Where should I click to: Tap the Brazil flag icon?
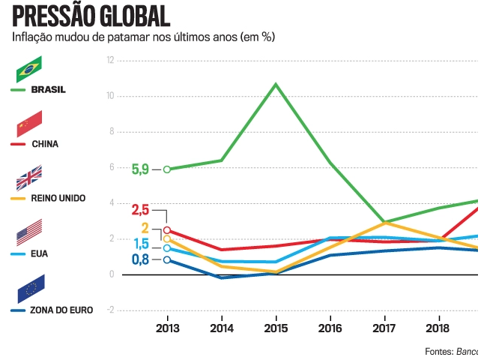[29, 69]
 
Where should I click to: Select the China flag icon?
[29, 123]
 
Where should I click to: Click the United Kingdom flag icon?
[29, 178]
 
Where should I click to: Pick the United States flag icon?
[29, 232]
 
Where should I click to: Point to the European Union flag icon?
[29, 289]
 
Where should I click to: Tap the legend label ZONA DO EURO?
[62, 309]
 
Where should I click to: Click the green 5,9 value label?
[140, 169]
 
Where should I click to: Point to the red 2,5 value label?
[141, 210]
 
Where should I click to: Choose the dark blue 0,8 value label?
[140, 260]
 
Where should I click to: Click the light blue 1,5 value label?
[142, 244]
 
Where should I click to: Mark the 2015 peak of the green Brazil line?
[276, 84]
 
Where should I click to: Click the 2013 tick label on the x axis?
[167, 328]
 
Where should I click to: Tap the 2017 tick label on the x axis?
[384, 328]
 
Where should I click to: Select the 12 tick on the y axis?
[110, 60]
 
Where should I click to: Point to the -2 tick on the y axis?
[110, 310]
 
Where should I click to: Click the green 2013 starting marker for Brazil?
[167, 169]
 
